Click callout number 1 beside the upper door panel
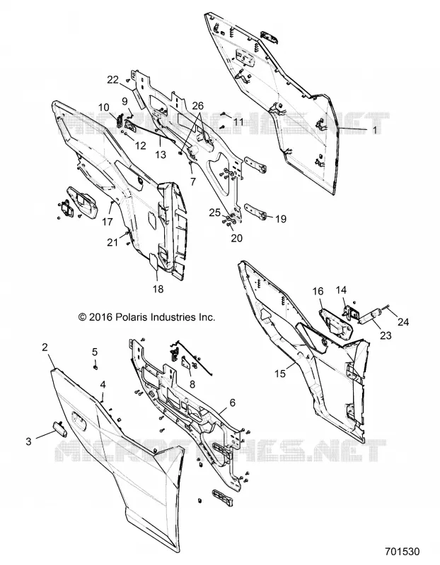(375, 130)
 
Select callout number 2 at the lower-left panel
(45, 347)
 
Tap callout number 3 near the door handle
(29, 441)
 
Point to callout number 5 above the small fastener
(95, 352)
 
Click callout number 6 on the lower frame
(233, 403)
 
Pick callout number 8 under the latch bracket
(192, 384)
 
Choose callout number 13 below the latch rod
(161, 155)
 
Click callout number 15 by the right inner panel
(280, 374)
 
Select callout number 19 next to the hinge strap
(281, 219)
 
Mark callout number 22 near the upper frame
(113, 80)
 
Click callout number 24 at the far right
(403, 322)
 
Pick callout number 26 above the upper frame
(198, 106)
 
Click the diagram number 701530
(402, 552)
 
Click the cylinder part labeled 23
(370, 316)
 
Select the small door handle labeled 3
(60, 429)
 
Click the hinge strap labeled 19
(255, 210)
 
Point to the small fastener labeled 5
(95, 367)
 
